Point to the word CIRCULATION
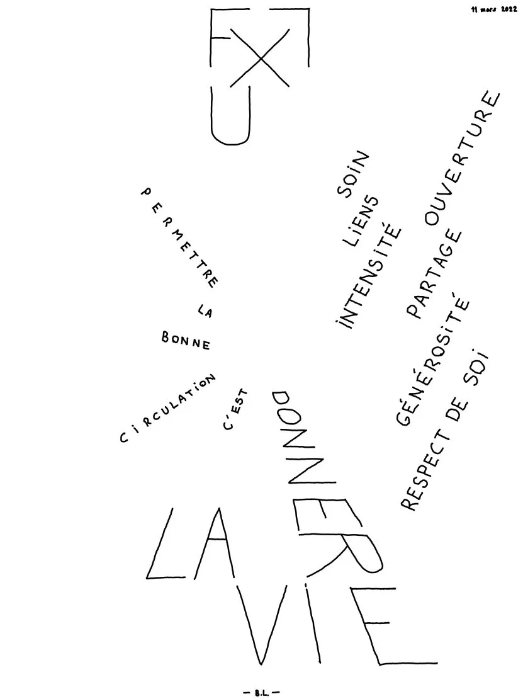(x=167, y=407)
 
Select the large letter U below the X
(x=230, y=115)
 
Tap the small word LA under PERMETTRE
(x=205, y=310)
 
